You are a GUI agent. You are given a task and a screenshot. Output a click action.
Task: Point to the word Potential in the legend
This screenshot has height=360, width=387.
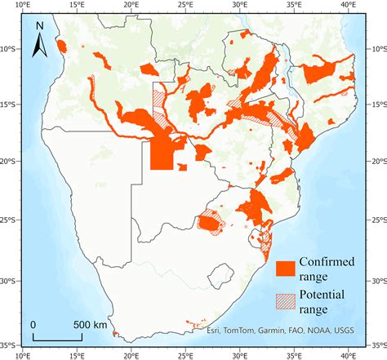coord(324,295)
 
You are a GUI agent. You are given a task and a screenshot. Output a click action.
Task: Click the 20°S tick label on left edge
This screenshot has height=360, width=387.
coord(10,161)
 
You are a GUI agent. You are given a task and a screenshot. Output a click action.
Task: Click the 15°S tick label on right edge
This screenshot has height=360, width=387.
coord(376,104)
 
